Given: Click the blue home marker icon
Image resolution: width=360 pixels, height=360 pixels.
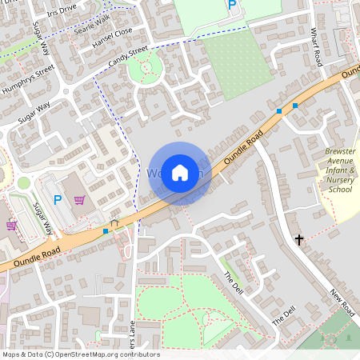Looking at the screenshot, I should coord(180,172).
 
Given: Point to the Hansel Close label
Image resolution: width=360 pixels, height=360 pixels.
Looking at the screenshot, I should coord(112,38).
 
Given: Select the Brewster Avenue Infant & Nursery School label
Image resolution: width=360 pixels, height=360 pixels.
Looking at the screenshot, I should coord(339,170).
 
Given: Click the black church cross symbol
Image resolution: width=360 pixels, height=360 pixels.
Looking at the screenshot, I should coord(299,239).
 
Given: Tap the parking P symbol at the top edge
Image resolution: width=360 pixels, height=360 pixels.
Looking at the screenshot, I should coord(232,6).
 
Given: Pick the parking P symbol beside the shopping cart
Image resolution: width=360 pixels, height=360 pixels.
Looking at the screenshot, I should coord(58,199).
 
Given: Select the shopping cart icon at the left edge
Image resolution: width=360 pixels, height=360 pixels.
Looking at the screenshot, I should coord(11,225).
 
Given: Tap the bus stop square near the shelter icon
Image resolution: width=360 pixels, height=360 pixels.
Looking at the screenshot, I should coord(106,231).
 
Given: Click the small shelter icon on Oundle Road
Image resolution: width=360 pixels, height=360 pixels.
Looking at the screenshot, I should coord(114,223).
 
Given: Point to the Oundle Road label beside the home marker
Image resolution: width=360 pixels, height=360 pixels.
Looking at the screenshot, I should coord(243,150).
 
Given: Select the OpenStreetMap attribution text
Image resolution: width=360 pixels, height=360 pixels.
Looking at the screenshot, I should coord(80,354).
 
